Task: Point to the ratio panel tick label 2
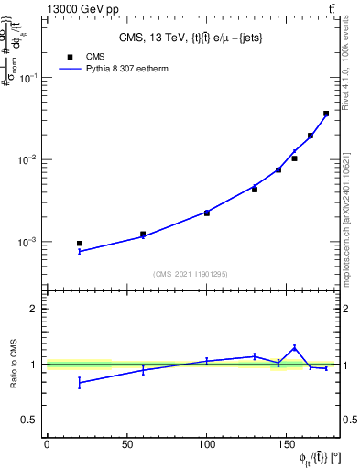point(34,309)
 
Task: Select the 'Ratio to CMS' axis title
point(15,364)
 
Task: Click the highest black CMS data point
point(326,114)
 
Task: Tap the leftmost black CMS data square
point(79,244)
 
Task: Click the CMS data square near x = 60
point(143,234)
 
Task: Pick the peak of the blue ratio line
point(294,347)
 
